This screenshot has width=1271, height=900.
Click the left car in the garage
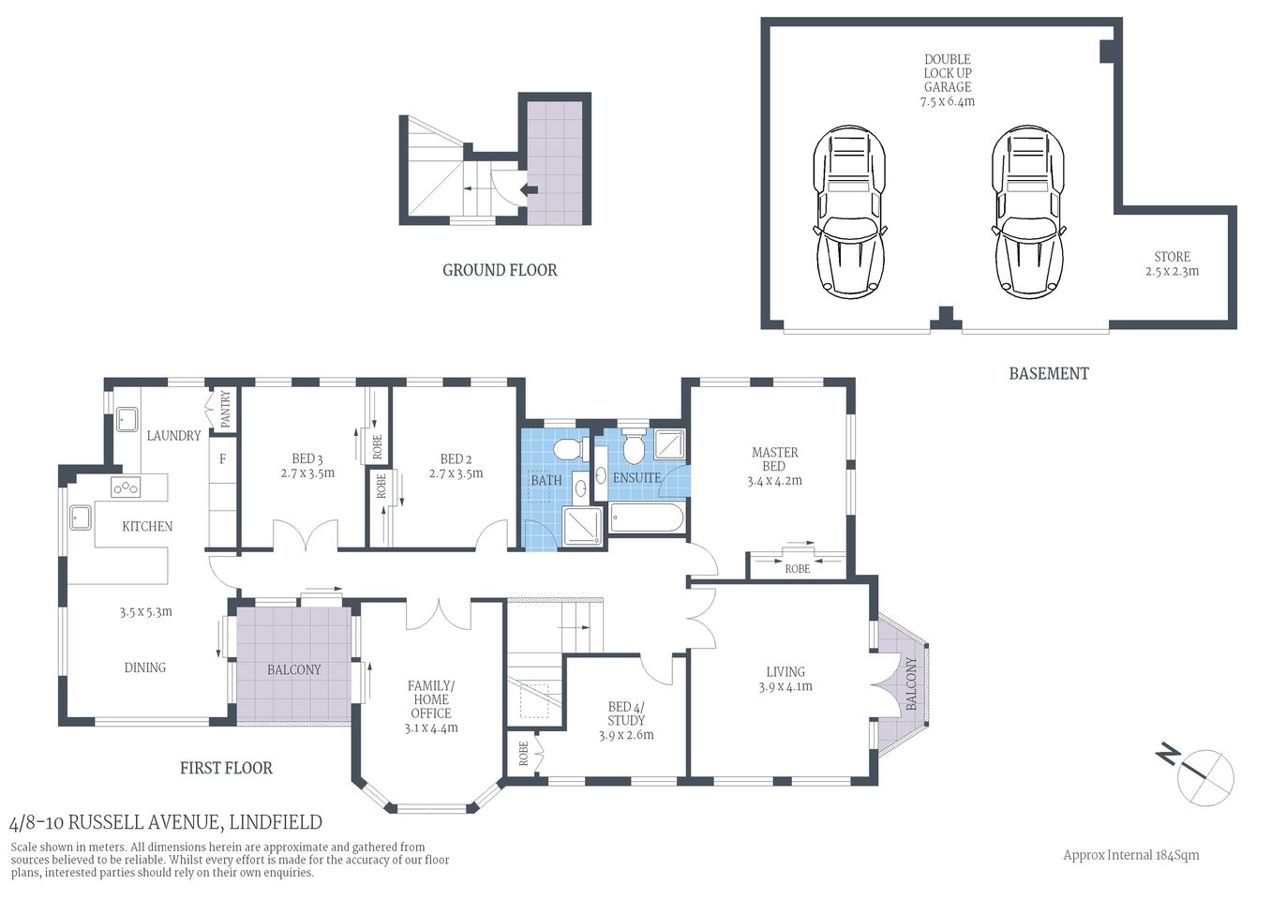[849, 213]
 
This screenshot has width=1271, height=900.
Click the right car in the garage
[1029, 213]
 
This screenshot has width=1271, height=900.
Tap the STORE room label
[1172, 257]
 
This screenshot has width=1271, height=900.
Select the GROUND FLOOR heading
[500, 270]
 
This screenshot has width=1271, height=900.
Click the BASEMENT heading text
[1048, 373]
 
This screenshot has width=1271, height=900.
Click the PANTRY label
[225, 410]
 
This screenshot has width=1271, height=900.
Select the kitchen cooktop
[126, 487]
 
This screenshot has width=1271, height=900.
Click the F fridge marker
[223, 459]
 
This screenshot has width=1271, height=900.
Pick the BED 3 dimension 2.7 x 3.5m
[307, 473]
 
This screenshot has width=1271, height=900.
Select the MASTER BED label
[774, 458]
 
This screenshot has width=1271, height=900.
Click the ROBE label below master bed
[797, 569]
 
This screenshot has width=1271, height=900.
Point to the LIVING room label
[785, 671]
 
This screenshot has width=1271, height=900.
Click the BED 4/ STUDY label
[626, 713]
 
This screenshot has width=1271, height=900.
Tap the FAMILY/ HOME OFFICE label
[430, 699]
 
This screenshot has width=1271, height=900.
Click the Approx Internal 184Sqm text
[1130, 855]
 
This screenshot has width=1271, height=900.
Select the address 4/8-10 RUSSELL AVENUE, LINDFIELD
[165, 823]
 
